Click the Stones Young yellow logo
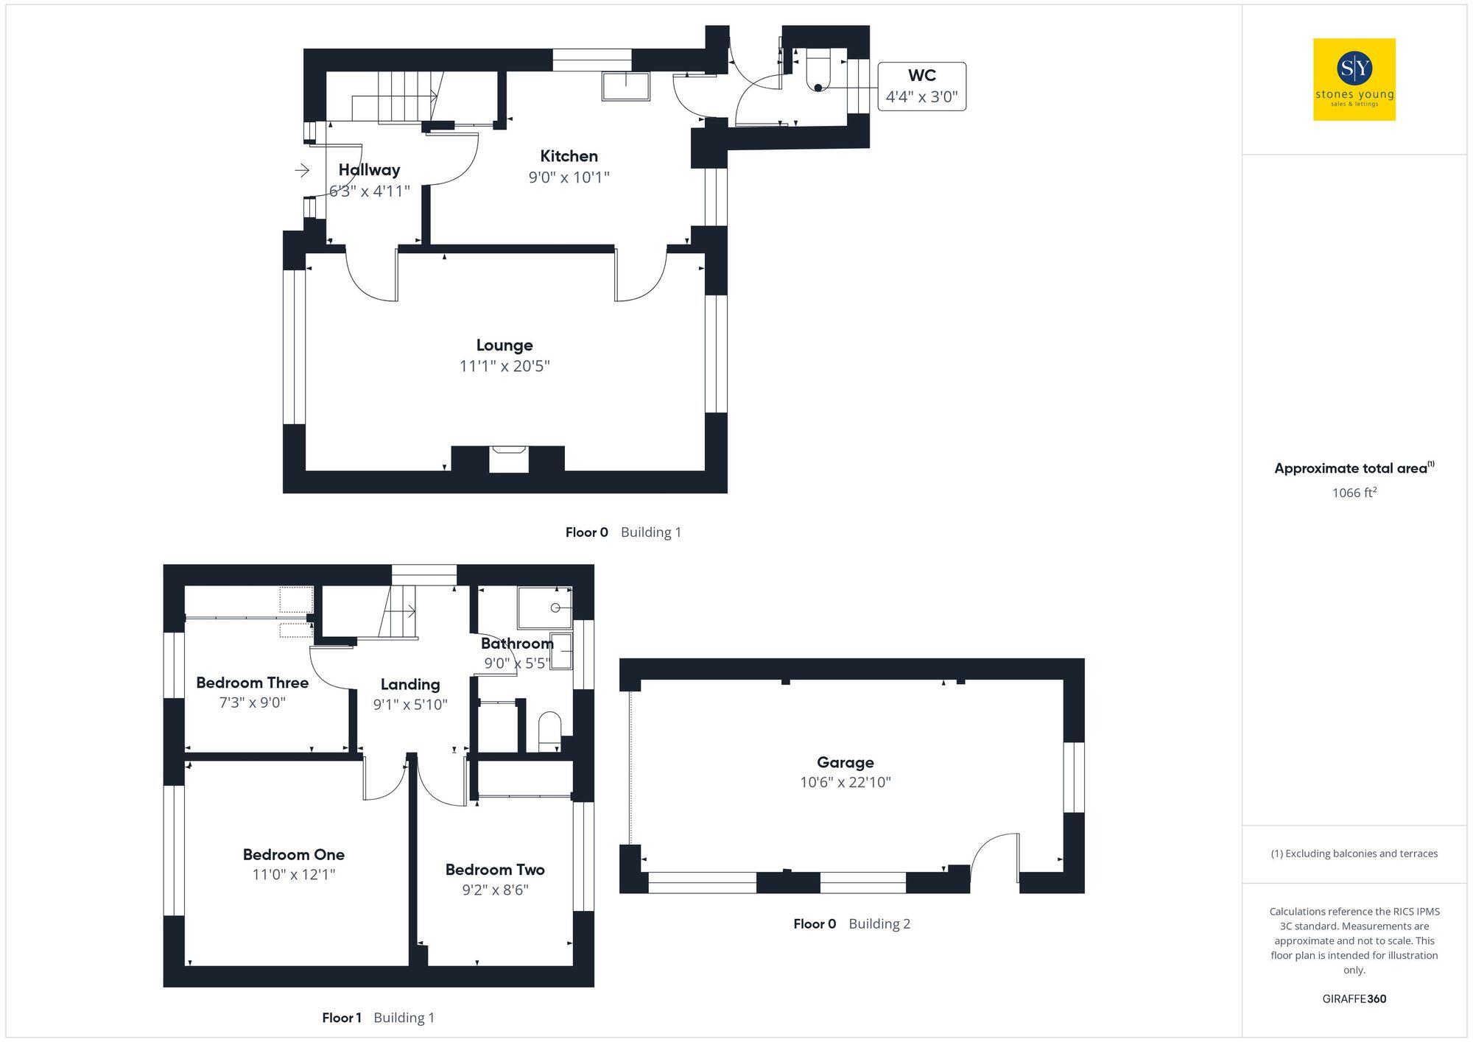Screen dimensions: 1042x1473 pos(1354,80)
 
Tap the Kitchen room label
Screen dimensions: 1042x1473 pos(569,156)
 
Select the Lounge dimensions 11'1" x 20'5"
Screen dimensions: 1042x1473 pos(505,366)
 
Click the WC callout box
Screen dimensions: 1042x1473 pos(921,86)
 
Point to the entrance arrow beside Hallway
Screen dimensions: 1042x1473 pos(302,171)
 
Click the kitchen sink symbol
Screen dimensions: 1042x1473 pos(626,85)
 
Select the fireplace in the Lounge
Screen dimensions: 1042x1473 pos(509,458)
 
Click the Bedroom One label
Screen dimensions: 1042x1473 pos(293,854)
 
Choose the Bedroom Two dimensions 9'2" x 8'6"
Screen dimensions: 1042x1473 pos(495,890)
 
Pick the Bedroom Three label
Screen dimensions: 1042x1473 pos(252,683)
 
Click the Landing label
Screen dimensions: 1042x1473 pos(410,684)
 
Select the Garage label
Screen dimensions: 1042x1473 pos(845,762)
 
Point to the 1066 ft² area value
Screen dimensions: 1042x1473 pos(1354,493)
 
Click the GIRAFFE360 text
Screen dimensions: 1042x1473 pos(1354,999)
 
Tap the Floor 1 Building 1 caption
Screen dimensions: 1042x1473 pos(378,1018)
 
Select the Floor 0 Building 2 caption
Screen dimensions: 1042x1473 pos(851,923)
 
